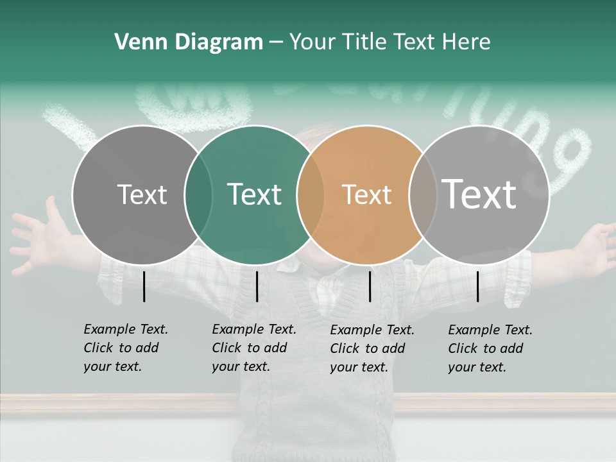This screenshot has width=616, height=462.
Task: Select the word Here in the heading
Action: point(466,42)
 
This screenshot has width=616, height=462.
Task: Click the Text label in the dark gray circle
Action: point(142,194)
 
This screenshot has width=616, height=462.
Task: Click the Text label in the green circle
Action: point(254,194)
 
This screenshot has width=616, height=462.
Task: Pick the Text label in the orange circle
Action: point(366,194)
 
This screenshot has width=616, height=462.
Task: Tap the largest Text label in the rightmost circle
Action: point(479,194)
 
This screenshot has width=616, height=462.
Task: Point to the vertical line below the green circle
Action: point(257,286)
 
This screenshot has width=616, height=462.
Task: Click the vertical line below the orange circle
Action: point(370,286)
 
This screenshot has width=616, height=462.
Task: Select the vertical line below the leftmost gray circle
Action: point(144,286)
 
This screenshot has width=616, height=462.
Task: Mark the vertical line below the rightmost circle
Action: point(477,286)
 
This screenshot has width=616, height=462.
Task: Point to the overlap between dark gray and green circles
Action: point(198,195)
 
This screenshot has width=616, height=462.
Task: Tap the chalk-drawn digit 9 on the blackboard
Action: point(571,157)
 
